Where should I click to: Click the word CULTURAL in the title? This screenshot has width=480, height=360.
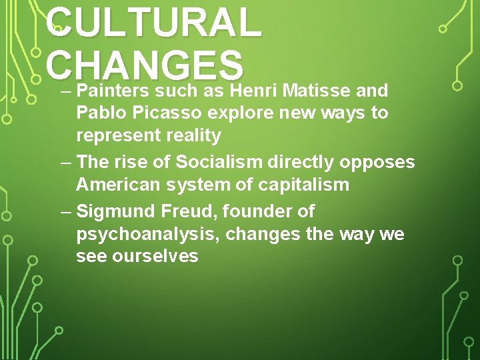(154, 23)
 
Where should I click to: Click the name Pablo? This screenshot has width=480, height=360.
(100, 113)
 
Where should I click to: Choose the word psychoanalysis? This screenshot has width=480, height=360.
(150, 235)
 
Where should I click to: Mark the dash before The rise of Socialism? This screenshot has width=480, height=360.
(65, 162)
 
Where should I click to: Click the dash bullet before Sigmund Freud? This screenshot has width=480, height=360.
(65, 211)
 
